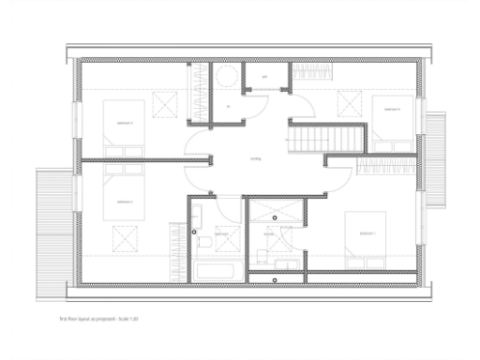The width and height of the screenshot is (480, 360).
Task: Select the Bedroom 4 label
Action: (391, 110)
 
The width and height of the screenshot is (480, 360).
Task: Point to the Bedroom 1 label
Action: (367, 233)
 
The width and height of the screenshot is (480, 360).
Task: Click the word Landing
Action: (255, 159)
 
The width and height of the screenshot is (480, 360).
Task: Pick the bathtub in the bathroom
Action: (217, 272)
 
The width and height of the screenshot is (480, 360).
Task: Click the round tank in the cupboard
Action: (226, 77)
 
